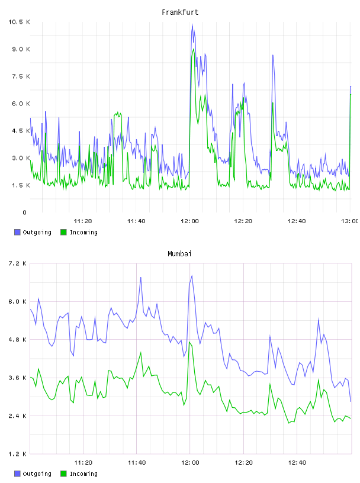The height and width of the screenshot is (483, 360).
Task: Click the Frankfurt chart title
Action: (180, 12)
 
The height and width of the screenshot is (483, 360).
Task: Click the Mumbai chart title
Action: (179, 254)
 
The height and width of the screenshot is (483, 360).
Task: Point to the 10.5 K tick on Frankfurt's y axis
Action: (19, 22)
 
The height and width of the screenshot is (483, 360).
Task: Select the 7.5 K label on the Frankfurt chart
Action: (21, 76)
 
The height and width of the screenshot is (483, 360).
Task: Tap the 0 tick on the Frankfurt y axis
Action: (25, 212)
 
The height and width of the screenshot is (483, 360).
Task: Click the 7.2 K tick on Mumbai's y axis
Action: (17, 263)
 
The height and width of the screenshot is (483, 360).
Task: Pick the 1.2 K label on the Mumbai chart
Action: (17, 454)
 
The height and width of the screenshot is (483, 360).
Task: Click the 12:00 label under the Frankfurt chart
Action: (190, 221)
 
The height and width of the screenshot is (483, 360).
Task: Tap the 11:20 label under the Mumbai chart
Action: (83, 463)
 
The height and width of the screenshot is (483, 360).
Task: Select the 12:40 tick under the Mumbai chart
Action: (297, 463)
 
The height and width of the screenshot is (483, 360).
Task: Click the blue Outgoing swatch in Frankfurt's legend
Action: (17, 232)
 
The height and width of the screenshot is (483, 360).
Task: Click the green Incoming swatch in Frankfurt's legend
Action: (63, 232)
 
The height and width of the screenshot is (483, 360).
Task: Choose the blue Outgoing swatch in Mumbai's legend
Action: (17, 474)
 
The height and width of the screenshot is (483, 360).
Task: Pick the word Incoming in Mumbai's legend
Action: (83, 474)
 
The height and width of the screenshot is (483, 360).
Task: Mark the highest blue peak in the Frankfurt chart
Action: (192, 25)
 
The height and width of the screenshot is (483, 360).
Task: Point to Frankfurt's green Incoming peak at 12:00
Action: (193, 49)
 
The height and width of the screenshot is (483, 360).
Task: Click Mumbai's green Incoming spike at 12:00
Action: (190, 342)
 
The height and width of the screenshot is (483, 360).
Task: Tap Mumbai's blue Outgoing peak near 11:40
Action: (140, 278)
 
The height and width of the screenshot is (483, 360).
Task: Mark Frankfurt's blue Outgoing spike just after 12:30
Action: (273, 56)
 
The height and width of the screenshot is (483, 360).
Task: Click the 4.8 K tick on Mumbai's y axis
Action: (17, 339)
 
